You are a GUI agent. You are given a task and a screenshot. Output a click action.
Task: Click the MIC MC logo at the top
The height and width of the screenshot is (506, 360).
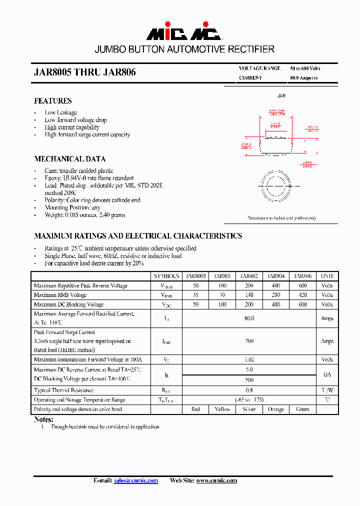(x=183, y=33)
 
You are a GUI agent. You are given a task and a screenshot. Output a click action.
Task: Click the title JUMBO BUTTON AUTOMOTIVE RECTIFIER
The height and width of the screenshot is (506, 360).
(x=184, y=49)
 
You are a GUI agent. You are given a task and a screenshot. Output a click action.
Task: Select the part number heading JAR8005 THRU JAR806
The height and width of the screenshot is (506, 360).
(x=84, y=72)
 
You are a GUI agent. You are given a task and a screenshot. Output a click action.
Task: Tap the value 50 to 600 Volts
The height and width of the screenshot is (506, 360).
(x=305, y=68)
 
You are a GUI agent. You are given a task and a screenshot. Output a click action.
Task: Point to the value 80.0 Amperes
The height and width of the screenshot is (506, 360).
(x=303, y=78)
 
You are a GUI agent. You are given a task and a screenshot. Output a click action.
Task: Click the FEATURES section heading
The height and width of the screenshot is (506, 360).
(x=52, y=100)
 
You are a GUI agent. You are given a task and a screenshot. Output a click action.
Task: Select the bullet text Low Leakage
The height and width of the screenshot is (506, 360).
(x=60, y=112)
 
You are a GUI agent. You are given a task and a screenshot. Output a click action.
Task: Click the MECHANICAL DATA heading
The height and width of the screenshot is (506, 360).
(x=69, y=159)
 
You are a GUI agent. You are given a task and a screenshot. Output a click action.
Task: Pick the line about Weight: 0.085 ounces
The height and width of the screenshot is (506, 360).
(x=84, y=215)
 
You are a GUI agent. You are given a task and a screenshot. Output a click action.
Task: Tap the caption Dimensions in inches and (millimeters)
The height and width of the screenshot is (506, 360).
(x=281, y=218)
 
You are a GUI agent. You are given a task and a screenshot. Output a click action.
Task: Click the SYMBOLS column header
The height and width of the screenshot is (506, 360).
(x=166, y=276)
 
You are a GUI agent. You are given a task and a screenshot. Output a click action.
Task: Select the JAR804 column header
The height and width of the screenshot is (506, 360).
(x=276, y=276)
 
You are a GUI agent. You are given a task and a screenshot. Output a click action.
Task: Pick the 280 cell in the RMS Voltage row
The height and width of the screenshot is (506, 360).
(x=276, y=295)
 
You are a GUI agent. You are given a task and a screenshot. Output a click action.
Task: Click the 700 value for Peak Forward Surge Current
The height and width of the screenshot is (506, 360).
(x=249, y=341)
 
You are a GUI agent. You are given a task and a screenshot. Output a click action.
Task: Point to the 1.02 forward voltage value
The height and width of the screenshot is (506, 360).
(x=249, y=359)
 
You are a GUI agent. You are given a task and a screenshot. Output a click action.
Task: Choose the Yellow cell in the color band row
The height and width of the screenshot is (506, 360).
(x=222, y=409)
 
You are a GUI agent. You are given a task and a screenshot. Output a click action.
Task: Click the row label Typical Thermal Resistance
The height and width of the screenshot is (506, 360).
(x=63, y=390)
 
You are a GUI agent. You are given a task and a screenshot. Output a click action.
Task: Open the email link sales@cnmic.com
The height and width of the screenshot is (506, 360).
(x=136, y=480)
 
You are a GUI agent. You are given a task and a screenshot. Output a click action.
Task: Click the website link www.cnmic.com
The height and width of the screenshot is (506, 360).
(x=216, y=480)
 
